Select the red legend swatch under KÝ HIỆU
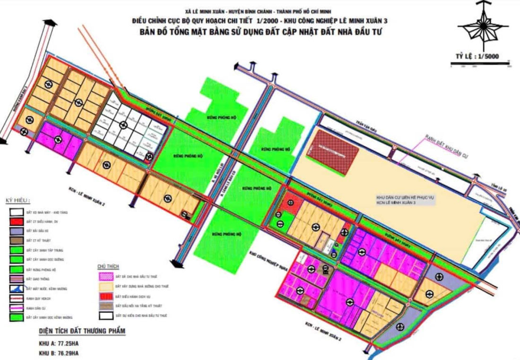[17, 221]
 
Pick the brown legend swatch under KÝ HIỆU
[17, 241]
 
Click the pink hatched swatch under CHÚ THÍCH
[106, 276]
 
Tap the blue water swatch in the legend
[17, 289]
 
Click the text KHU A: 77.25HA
[59, 343]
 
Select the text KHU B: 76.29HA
[59, 353]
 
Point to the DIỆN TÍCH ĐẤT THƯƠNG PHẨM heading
[82, 331]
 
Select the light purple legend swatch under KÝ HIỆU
[17, 231]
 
